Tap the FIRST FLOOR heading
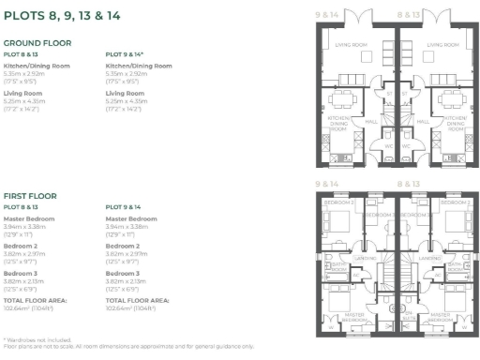(30, 196)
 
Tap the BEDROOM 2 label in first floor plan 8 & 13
(453, 202)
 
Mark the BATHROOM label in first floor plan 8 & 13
(456, 266)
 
